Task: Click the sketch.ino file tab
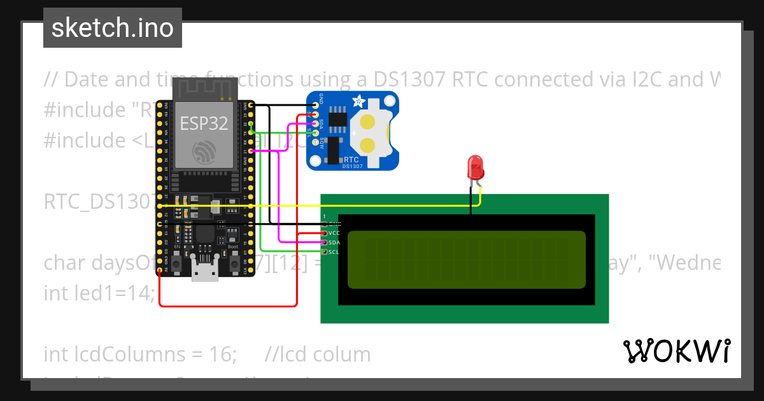pyautogui.click(x=112, y=28)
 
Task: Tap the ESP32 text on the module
pyautogui.click(x=204, y=123)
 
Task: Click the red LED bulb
pyautogui.click(x=475, y=168)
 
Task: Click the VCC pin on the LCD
pyautogui.click(x=325, y=233)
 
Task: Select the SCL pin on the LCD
pyautogui.click(x=325, y=252)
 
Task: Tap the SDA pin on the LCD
pyautogui.click(x=325, y=243)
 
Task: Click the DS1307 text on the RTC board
pyautogui.click(x=353, y=166)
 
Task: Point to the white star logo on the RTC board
pyautogui.click(x=358, y=101)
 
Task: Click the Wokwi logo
pyautogui.click(x=676, y=351)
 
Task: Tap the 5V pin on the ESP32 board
pyautogui.click(x=159, y=269)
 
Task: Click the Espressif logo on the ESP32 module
pyautogui.click(x=204, y=151)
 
